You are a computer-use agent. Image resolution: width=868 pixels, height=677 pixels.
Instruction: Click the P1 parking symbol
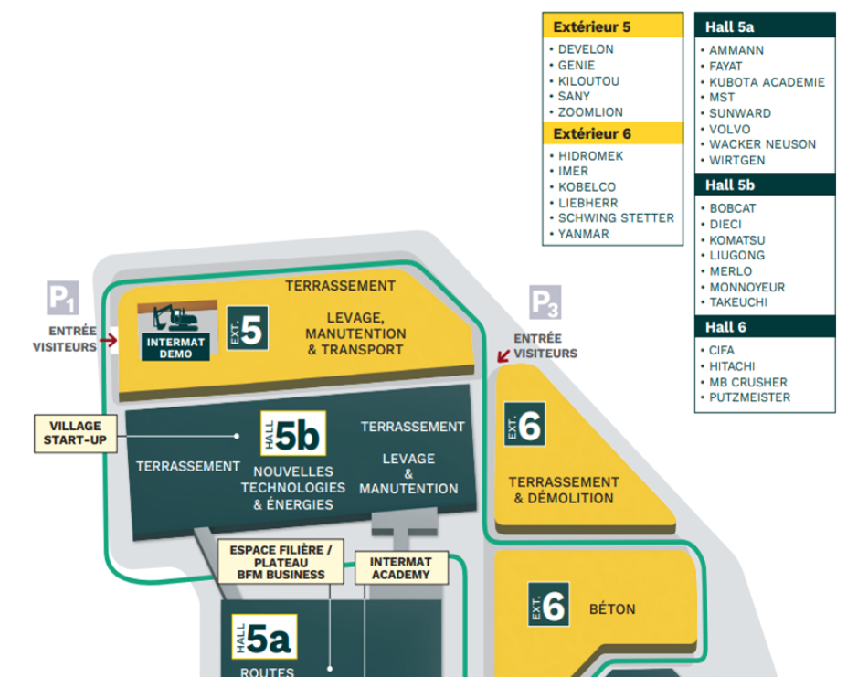(x=62, y=298)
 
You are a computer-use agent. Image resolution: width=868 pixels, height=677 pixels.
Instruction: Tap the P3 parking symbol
(x=545, y=301)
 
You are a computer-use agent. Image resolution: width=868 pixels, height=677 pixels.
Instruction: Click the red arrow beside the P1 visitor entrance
(x=109, y=341)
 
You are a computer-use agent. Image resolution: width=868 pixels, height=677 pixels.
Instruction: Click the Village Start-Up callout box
(x=75, y=434)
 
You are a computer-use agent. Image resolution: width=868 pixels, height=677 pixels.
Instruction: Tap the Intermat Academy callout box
(x=400, y=567)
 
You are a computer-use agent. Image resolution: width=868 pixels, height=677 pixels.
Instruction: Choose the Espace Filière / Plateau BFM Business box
(x=280, y=562)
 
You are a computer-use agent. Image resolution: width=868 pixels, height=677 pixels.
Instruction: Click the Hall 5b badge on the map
(x=292, y=435)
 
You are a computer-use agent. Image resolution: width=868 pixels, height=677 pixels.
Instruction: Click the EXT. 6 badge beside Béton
(x=548, y=606)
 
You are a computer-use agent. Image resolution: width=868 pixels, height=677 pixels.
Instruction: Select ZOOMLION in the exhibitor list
(x=590, y=112)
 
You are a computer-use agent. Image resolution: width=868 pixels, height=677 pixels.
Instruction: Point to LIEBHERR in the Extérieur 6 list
(x=587, y=203)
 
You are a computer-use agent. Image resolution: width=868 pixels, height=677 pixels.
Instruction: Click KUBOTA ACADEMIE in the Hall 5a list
(x=767, y=82)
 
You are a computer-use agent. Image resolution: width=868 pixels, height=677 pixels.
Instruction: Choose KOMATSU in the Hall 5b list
(x=736, y=240)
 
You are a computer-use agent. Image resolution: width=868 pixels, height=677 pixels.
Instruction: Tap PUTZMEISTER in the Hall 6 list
(x=749, y=397)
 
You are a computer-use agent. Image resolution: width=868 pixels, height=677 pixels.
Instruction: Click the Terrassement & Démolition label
(x=563, y=490)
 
